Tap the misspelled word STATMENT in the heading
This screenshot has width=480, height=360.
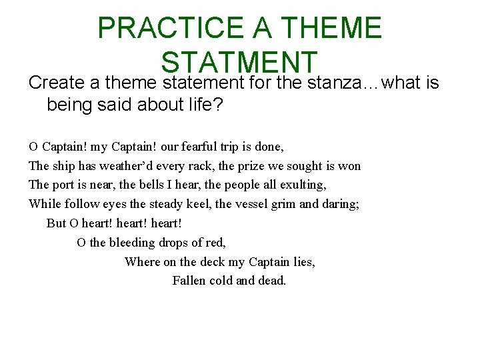pos(239,62)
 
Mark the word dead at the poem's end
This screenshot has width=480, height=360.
pos(271,281)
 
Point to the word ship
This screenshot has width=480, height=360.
pos(64,166)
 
